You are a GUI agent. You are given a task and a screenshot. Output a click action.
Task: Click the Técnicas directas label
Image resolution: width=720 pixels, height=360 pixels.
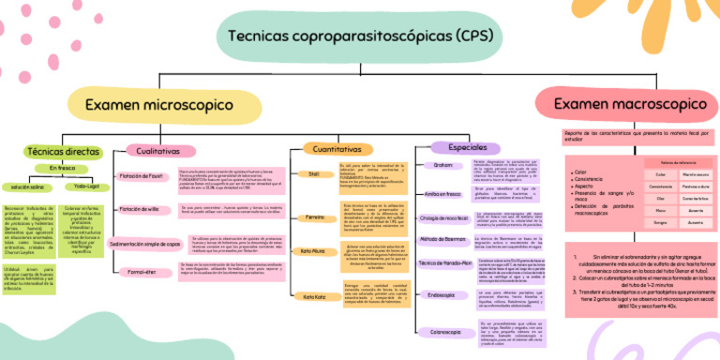tap(63, 150)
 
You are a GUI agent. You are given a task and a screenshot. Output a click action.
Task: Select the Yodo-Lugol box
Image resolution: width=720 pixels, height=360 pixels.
tap(85, 187)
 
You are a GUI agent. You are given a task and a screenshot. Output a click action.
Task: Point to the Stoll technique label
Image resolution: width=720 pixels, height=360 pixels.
tap(314, 173)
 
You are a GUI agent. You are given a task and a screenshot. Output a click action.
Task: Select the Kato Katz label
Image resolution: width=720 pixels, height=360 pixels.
tap(314, 296)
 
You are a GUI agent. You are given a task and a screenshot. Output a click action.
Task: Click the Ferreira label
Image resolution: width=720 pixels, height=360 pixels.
tap(314, 217)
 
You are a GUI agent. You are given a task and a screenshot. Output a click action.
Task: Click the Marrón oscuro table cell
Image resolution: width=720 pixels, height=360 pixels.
tap(694, 173)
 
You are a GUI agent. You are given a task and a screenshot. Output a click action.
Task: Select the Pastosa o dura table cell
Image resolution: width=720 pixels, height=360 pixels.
tap(694, 186)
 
